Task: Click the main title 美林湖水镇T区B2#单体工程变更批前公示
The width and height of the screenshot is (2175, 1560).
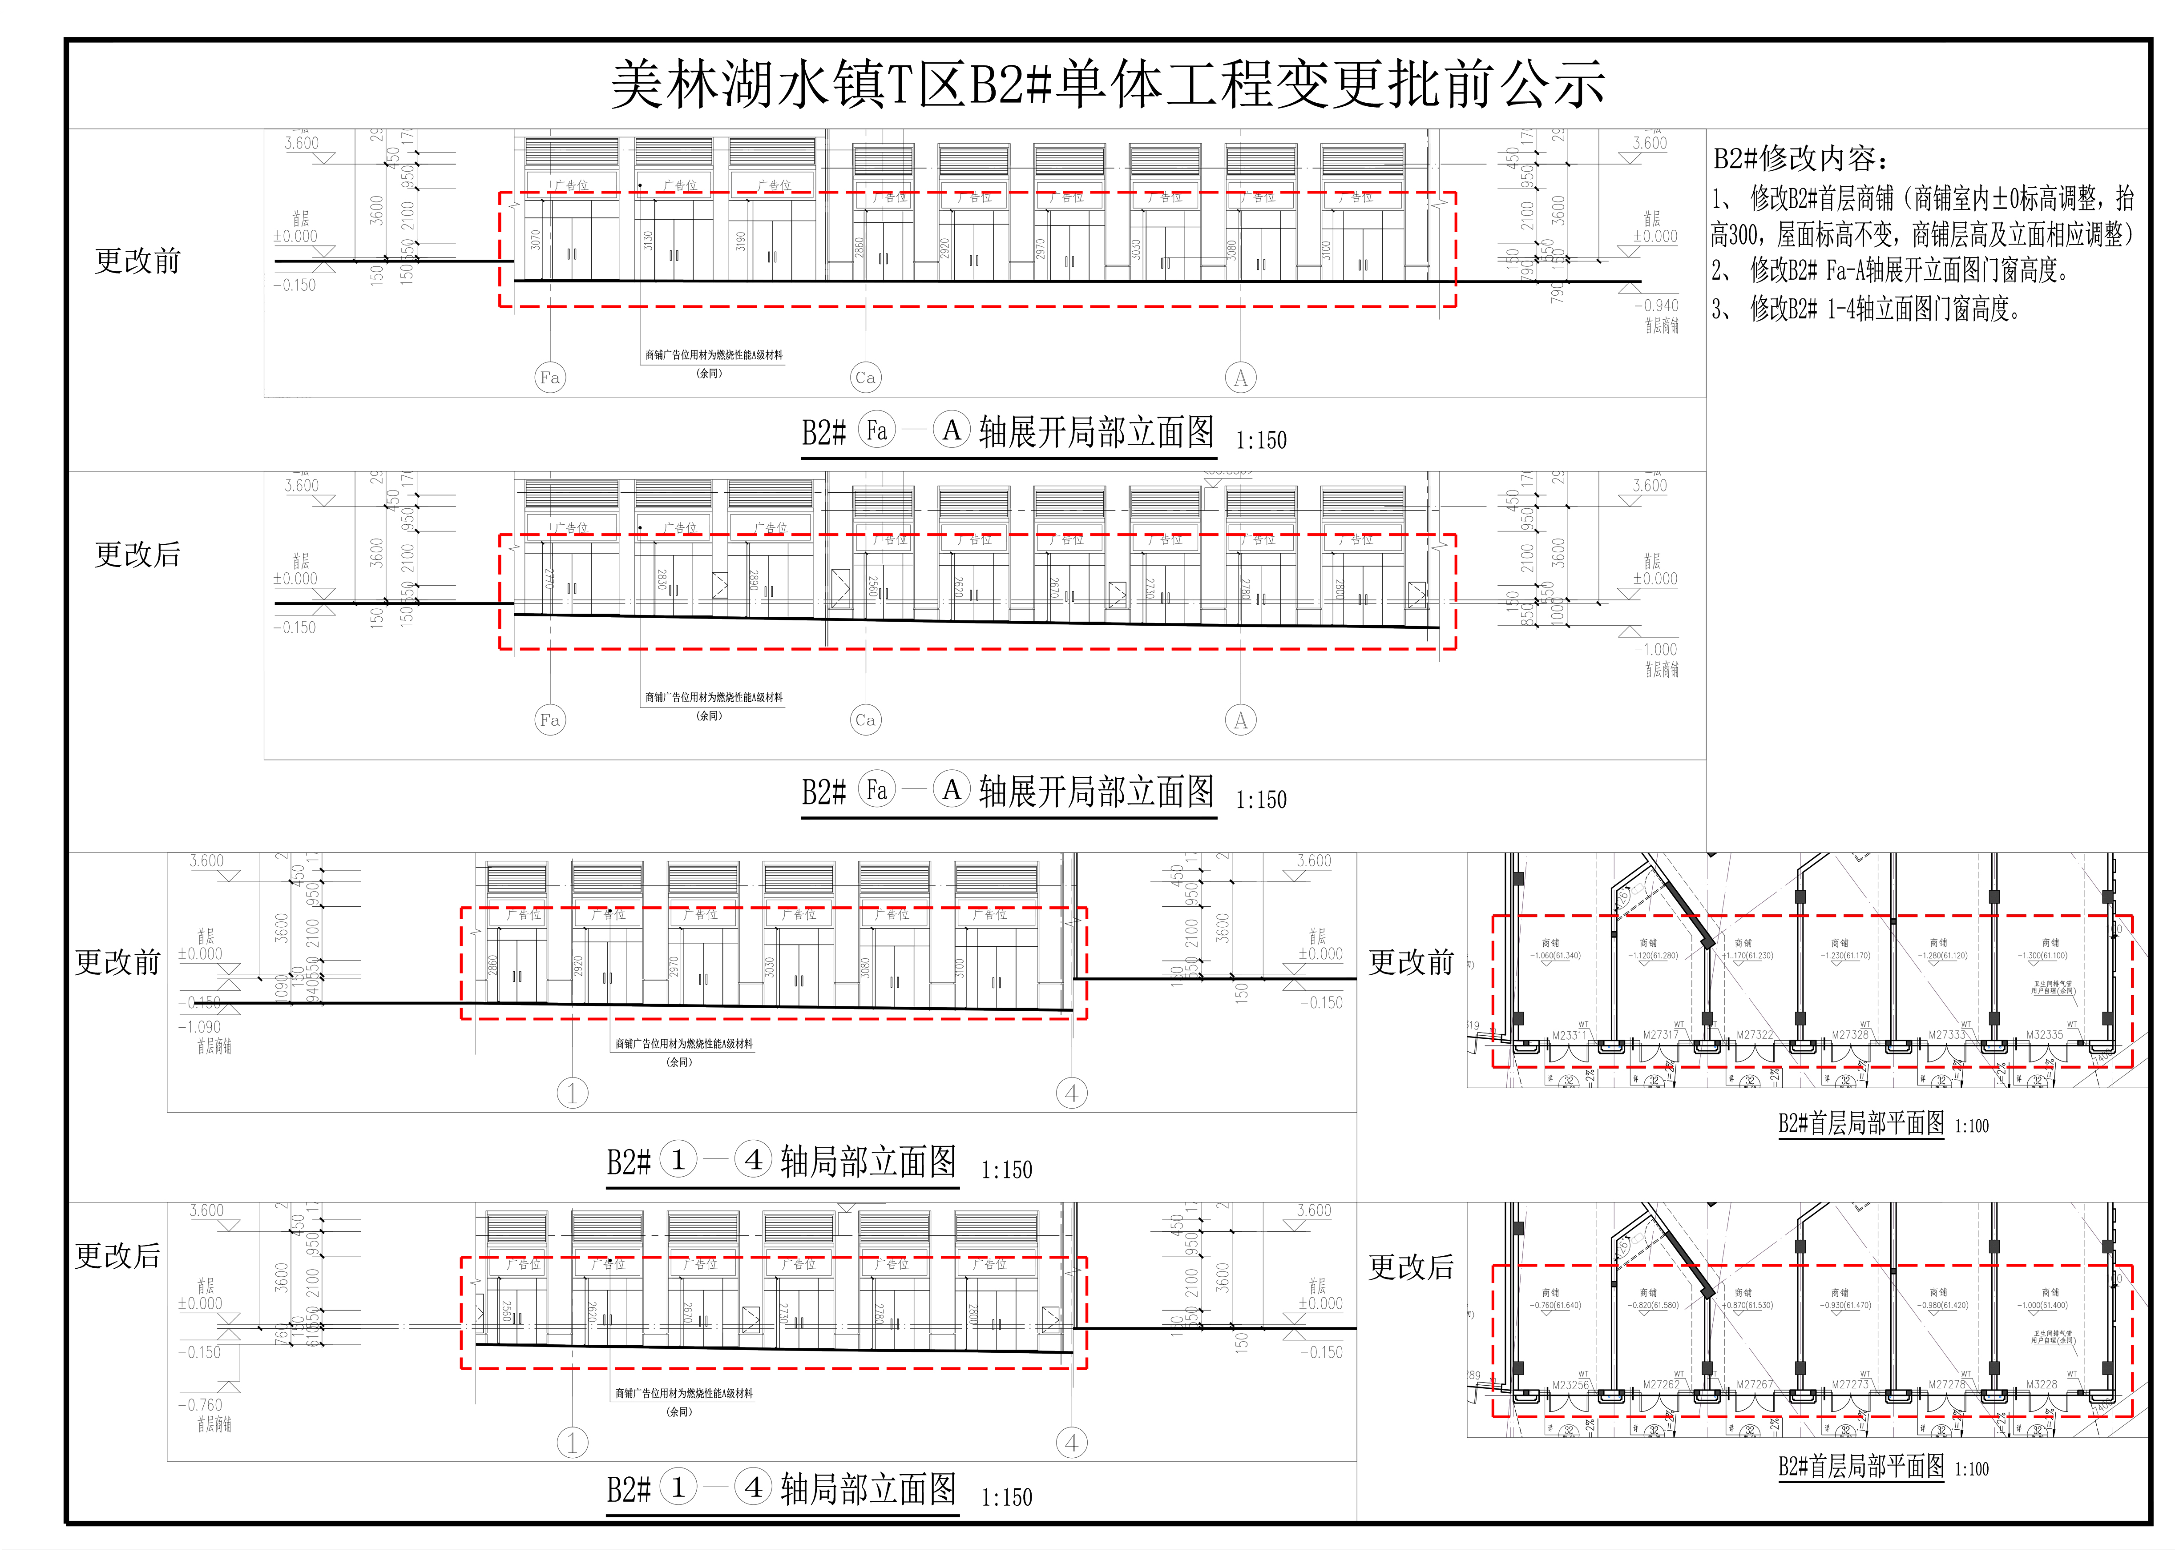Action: (x=1108, y=84)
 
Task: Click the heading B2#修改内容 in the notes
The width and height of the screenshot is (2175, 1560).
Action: (x=1801, y=158)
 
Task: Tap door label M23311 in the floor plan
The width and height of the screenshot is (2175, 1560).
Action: (x=1569, y=1036)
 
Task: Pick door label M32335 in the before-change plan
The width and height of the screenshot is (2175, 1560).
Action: (x=2045, y=1036)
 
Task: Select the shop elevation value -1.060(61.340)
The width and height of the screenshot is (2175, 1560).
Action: (x=1555, y=956)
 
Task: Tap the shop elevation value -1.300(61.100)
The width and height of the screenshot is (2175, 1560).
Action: (x=2043, y=956)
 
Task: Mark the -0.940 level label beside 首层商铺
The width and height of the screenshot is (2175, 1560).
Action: (x=1656, y=306)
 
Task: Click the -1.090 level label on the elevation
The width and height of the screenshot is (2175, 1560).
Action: (x=199, y=1027)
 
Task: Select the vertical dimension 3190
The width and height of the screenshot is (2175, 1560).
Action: (x=740, y=241)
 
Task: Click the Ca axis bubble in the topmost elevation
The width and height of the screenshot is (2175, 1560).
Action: (x=865, y=378)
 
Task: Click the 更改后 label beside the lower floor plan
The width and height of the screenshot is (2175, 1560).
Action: (x=1411, y=1267)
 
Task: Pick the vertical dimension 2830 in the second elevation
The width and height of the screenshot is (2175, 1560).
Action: (x=661, y=579)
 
